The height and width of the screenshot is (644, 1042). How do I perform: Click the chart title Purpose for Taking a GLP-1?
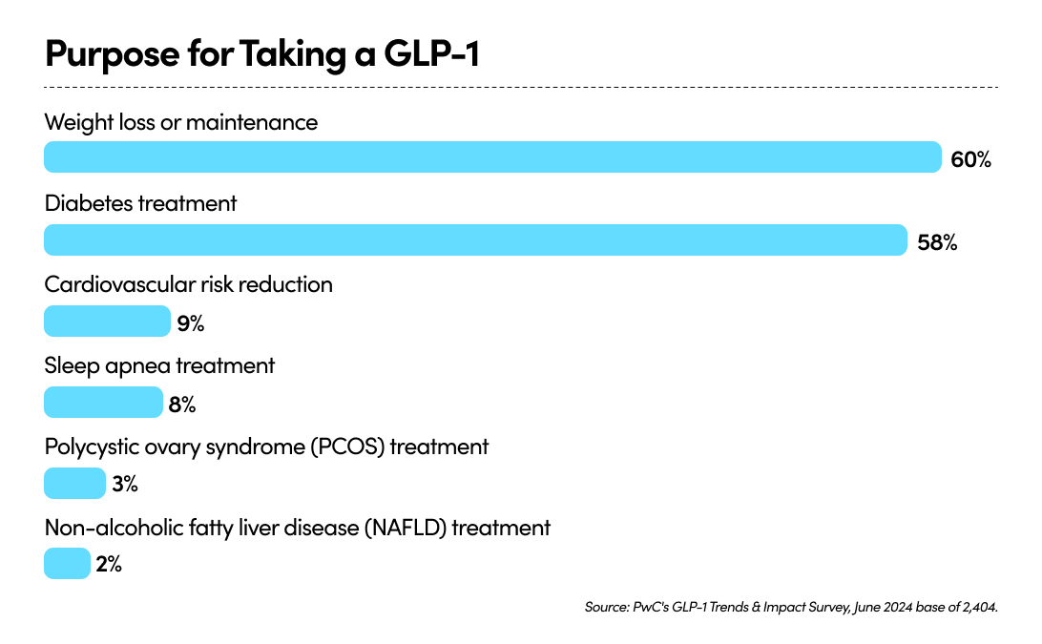tap(261, 55)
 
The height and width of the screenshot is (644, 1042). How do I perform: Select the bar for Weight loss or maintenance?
tap(492, 157)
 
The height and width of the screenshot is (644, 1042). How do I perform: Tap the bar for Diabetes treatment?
tap(475, 239)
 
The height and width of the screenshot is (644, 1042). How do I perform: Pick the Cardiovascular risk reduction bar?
tap(107, 322)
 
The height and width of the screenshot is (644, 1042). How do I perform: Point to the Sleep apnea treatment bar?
tap(103, 403)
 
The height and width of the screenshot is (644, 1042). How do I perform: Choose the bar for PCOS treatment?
tap(74, 484)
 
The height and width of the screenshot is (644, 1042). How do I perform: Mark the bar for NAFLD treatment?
tap(67, 564)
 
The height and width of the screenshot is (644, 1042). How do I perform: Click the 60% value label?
tap(971, 159)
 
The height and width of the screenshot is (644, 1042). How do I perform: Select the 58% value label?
tap(936, 241)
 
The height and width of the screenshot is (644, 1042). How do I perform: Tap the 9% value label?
tap(191, 323)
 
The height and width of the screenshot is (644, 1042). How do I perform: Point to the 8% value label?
tap(182, 405)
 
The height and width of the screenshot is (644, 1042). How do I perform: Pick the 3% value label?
tap(125, 485)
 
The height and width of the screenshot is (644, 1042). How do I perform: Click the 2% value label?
tap(109, 565)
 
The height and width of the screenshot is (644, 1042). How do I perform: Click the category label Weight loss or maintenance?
tap(181, 122)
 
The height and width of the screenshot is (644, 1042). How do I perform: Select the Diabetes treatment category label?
tap(140, 203)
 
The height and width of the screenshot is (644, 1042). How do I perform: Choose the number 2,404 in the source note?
tap(978, 607)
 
